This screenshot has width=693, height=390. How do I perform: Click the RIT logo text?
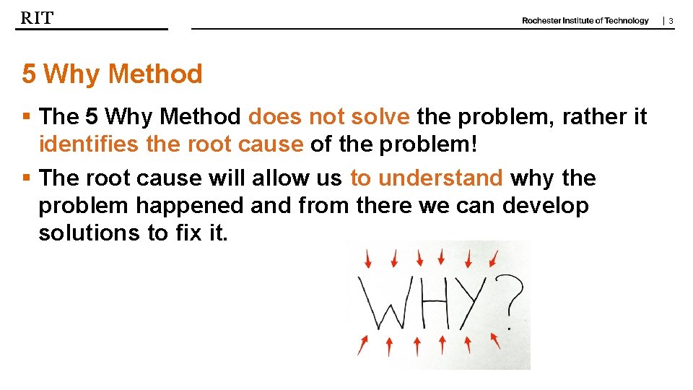[x=37, y=18]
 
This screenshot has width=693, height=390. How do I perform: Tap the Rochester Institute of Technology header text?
[x=585, y=20]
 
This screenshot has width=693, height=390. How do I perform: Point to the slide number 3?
[x=671, y=21]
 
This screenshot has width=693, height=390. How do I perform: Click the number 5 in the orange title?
[x=29, y=74]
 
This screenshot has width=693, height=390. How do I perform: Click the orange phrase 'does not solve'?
[x=329, y=116]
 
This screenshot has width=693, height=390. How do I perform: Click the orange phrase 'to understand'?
[x=426, y=178]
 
